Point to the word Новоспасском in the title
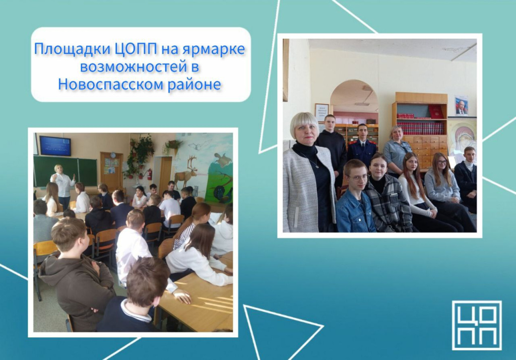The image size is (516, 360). [x=111, y=84]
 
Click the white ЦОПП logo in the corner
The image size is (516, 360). [x=477, y=325]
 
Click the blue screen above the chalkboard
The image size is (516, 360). [x=55, y=146]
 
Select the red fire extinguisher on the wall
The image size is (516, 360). [x=149, y=174]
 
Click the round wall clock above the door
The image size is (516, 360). [x=113, y=155]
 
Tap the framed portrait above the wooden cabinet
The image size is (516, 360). [x=462, y=106]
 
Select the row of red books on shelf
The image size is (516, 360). [x=420, y=128]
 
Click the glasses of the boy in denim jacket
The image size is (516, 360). [x=358, y=178]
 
